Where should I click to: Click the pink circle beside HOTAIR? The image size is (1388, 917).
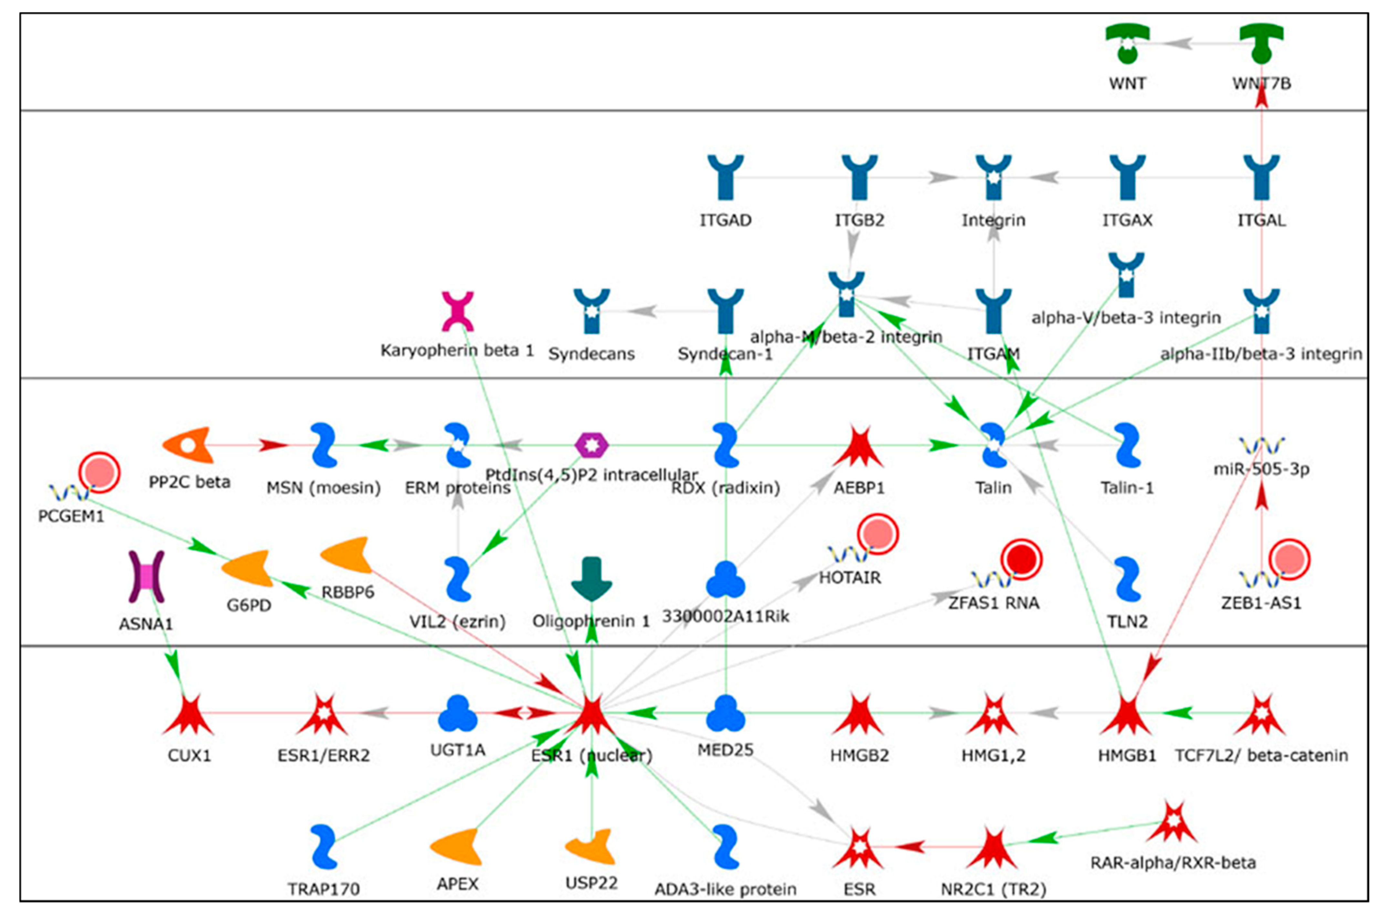[x=878, y=534]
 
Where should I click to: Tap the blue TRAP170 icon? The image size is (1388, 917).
[x=324, y=847]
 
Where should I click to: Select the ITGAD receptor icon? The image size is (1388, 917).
[x=726, y=177]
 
